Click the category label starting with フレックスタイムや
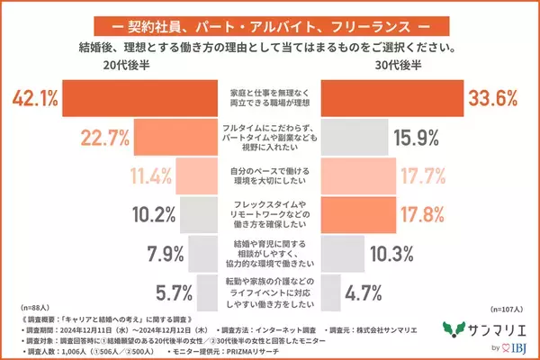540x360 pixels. (269, 213)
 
